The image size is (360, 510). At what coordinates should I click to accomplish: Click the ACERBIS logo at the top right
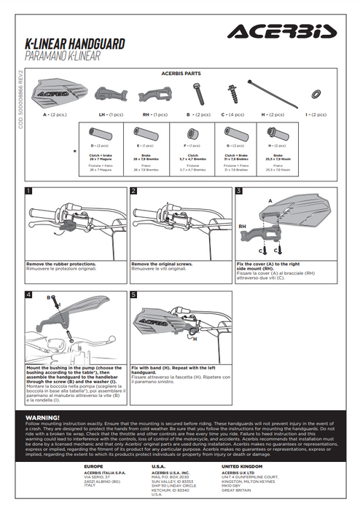pos(281,31)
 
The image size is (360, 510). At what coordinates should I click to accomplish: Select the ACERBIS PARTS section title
pos(182,74)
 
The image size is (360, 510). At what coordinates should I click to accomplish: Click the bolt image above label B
pos(197,94)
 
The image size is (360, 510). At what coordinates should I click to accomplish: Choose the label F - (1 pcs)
pos(191,146)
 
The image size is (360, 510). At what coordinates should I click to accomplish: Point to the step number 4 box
pos(28,295)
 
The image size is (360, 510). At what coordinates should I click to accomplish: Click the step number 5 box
pos(134,295)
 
